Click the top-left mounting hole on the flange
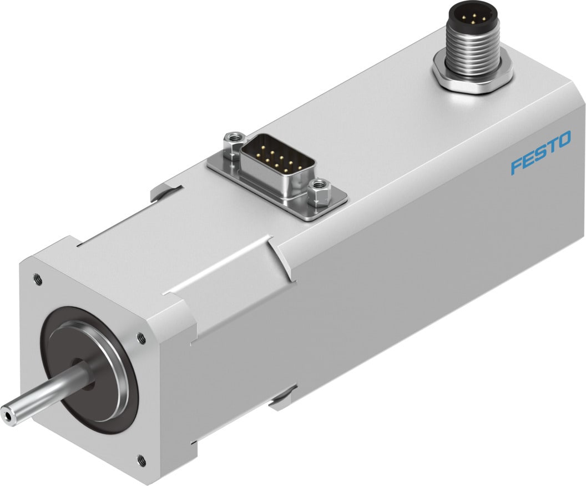click(37, 278)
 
